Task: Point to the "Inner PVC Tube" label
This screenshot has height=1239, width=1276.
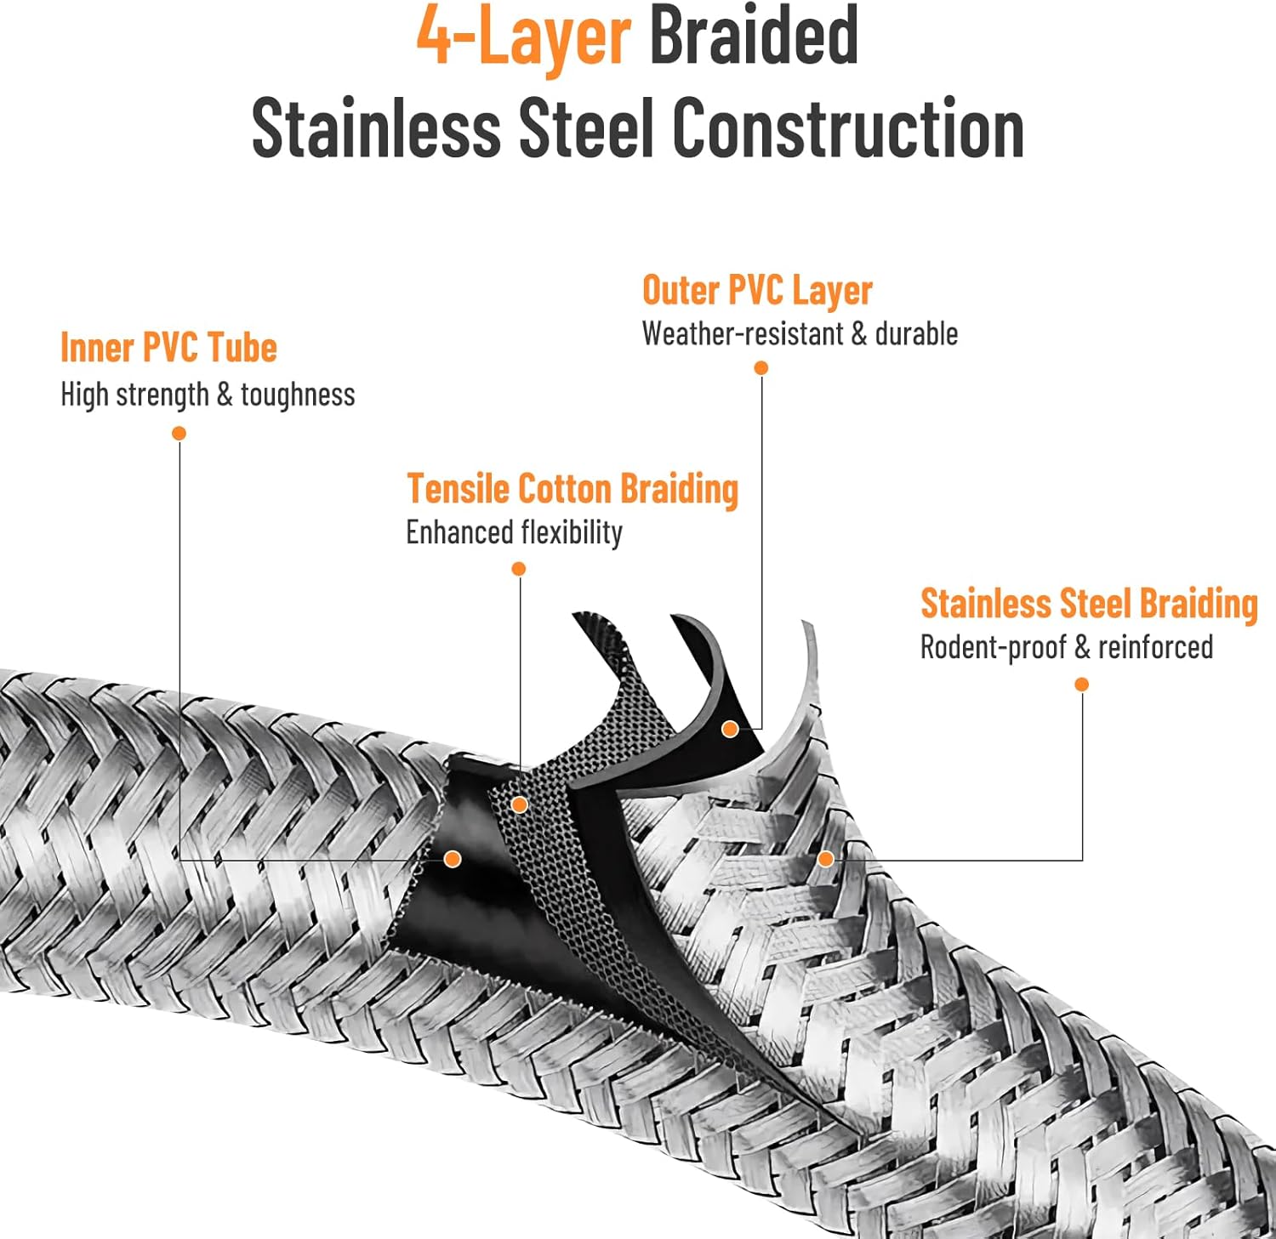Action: point(168,348)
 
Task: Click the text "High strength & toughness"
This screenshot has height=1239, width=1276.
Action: point(208,395)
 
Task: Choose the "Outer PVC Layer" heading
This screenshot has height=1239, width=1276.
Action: point(757,291)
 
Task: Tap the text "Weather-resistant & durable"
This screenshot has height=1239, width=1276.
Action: point(800,333)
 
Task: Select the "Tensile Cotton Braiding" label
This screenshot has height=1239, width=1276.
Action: point(572,489)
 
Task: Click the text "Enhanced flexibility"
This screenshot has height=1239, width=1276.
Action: point(514,532)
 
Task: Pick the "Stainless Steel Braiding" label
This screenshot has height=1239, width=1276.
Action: point(1089,604)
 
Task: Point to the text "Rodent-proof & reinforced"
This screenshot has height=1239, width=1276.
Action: point(1067,647)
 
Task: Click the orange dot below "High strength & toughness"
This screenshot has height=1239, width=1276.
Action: point(179,434)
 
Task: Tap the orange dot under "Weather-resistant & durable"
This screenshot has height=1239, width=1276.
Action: point(761,367)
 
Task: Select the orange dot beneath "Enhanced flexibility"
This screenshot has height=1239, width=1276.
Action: point(519,568)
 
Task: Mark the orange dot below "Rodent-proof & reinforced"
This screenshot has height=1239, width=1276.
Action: point(1082,685)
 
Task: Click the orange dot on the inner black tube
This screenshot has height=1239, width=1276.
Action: point(453,860)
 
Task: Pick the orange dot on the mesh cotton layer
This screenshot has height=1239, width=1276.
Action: point(520,804)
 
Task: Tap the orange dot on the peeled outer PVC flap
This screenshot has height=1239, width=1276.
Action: point(730,729)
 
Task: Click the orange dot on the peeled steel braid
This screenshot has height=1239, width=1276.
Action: point(825,859)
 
